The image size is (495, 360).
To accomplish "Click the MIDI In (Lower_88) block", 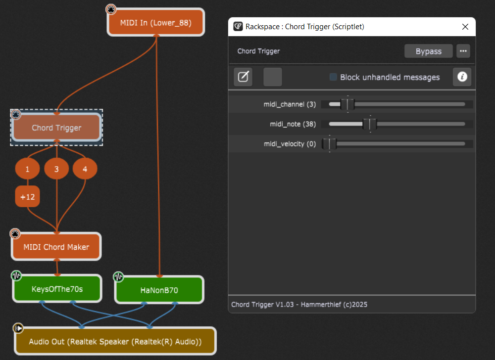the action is [x=156, y=22].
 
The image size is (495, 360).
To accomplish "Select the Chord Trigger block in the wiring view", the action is [x=56, y=128].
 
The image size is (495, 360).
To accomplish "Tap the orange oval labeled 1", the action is [x=27, y=169].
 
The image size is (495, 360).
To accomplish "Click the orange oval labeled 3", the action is [x=56, y=169].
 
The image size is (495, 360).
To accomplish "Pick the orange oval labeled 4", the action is [x=85, y=169].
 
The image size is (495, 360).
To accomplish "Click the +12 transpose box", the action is [x=27, y=197].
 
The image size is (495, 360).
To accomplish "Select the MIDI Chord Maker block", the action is [x=56, y=247].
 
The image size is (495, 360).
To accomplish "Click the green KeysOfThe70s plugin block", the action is [x=57, y=289].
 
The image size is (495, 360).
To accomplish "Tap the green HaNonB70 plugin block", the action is [x=159, y=290].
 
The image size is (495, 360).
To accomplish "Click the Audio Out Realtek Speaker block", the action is [x=115, y=341].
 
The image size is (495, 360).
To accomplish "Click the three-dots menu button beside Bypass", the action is [x=463, y=51].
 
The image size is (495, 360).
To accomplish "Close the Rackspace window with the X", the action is [x=465, y=27].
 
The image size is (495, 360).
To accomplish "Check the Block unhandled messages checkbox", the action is [x=333, y=77].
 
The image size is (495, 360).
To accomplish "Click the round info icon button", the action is [x=462, y=77].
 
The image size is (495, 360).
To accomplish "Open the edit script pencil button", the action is [x=243, y=77].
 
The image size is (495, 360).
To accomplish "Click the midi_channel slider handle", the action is [x=347, y=104].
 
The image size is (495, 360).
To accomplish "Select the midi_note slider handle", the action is [x=370, y=124].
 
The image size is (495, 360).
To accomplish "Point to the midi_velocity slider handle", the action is [x=329, y=144].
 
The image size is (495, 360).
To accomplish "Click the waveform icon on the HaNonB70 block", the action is [x=118, y=277].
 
